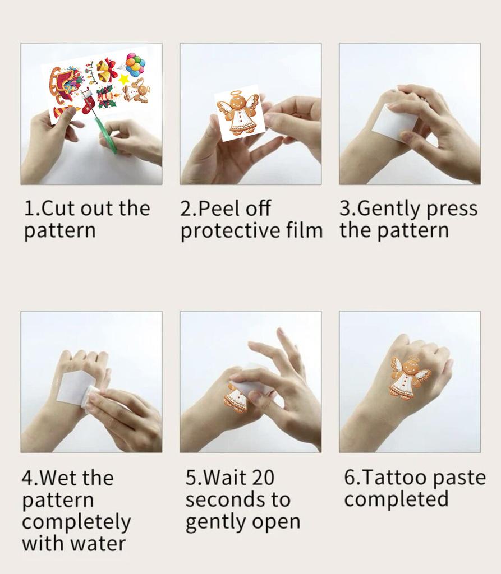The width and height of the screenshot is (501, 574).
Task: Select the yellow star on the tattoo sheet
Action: (124, 80)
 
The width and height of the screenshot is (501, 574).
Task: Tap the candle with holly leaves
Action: (107, 96)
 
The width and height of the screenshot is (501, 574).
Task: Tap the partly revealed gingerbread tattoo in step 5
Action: (235, 397)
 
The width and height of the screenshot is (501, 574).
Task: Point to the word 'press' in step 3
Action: (452, 209)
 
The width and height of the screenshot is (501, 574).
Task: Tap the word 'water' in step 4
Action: (98, 543)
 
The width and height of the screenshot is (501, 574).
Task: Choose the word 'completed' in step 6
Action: (396, 499)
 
